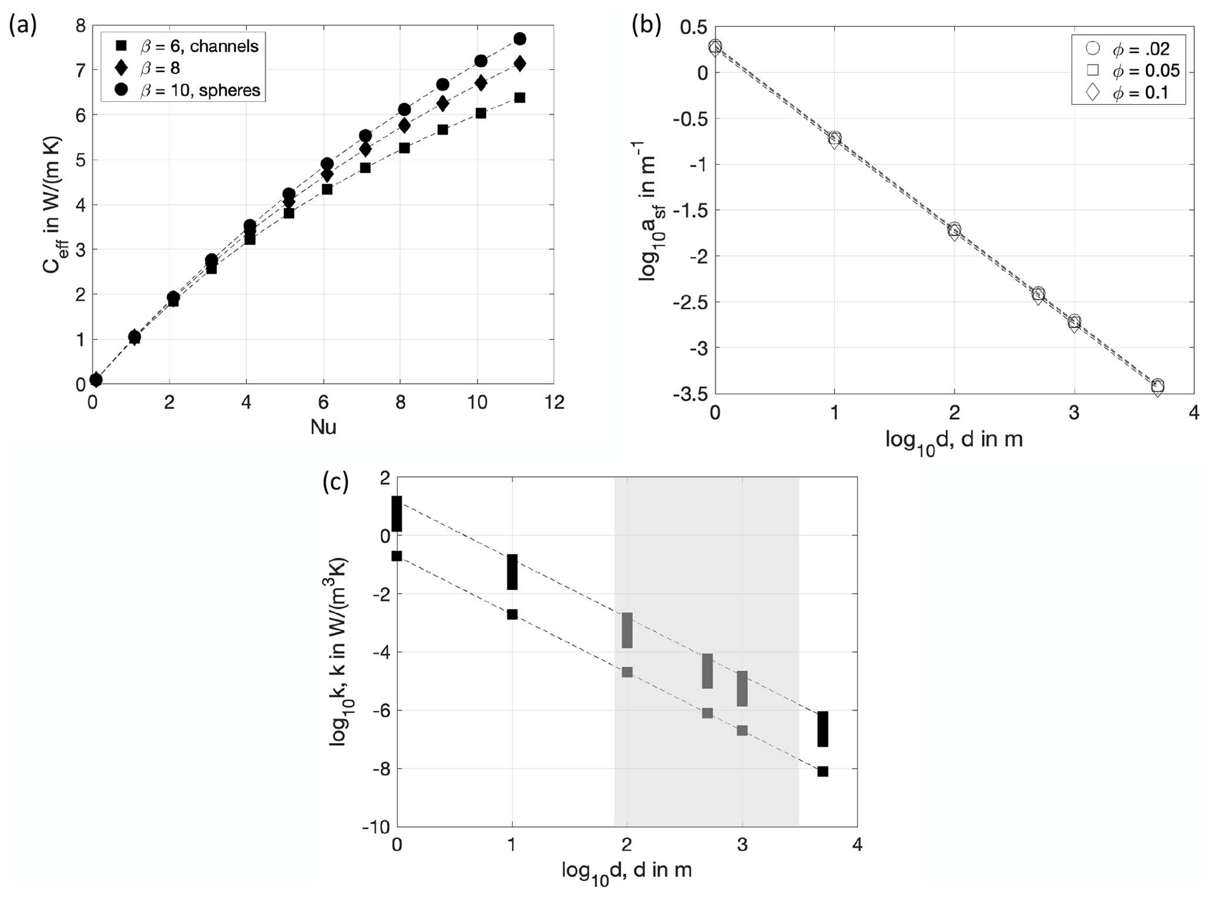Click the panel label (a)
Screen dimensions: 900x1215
pos(22,26)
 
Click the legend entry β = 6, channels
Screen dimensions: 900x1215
pos(188,45)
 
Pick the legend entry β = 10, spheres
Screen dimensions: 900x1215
pos(188,90)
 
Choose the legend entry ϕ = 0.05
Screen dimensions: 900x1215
pos(1129,70)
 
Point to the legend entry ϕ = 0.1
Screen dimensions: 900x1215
pos(1129,92)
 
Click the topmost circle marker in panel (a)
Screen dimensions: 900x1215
pos(520,39)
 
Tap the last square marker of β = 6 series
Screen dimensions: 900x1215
pos(519,98)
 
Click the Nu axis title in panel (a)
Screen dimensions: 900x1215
pos(323,427)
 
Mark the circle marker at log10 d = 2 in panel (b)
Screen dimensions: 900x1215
pos(954,229)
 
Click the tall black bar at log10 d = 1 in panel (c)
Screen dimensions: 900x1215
pos(512,571)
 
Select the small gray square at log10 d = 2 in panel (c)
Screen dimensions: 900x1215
pos(627,672)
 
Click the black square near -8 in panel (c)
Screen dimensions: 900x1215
pos(822,771)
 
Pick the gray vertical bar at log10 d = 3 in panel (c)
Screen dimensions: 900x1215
pos(742,688)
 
